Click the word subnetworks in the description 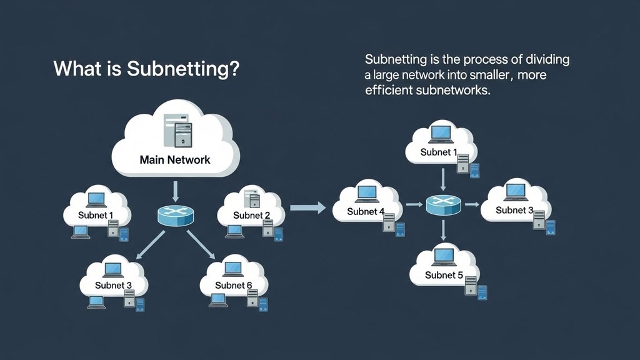point(451,91)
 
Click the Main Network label point(175,159)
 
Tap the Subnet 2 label point(251,216)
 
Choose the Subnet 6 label point(233,285)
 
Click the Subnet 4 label point(366,211)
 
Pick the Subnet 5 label point(444,275)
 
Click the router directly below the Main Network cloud point(176,215)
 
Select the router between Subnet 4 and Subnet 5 point(443,204)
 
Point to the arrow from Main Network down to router point(176,189)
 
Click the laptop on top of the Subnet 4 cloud point(366,191)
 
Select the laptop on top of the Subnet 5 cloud point(444,256)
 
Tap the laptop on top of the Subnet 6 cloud point(233,268)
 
